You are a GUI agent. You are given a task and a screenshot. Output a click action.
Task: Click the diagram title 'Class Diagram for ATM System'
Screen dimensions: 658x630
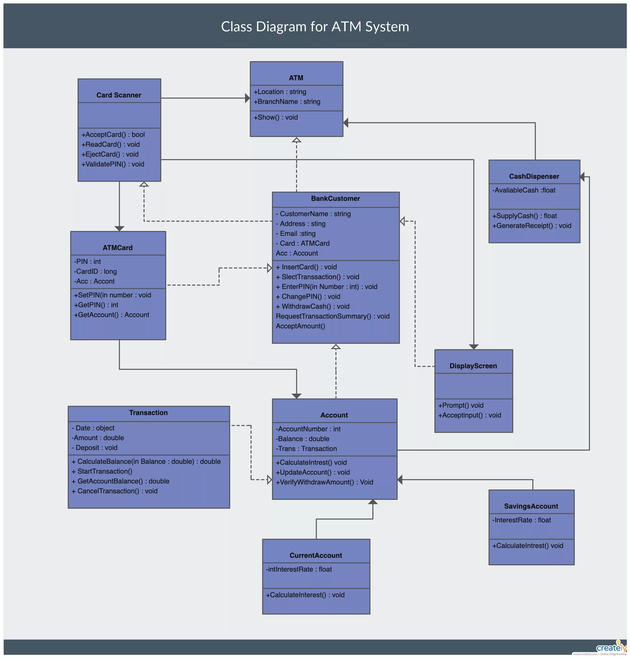pyautogui.click(x=315, y=27)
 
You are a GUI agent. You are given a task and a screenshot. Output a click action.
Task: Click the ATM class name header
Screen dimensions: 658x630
pyautogui.click(x=296, y=78)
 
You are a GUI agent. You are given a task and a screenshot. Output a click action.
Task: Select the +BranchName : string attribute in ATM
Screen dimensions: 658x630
pyautogui.click(x=287, y=102)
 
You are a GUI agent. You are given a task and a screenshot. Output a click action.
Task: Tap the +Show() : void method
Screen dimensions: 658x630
pyautogui.click(x=276, y=117)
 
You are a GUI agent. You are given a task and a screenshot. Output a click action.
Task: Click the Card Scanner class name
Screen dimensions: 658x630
pyautogui.click(x=119, y=95)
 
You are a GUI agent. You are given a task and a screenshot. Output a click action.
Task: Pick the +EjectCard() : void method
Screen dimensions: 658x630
pyautogui.click(x=110, y=154)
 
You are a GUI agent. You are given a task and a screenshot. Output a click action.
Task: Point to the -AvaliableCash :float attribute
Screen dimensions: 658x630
pyautogui.click(x=524, y=190)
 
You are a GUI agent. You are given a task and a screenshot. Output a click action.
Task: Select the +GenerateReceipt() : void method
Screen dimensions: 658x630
pyautogui.click(x=532, y=226)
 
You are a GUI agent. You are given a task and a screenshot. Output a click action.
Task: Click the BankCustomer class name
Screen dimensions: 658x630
pyautogui.click(x=335, y=199)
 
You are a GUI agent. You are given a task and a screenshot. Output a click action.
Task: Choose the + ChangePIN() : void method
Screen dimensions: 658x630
pyautogui.click(x=308, y=297)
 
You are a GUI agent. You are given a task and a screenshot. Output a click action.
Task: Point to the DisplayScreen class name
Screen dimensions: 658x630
pyautogui.click(x=473, y=366)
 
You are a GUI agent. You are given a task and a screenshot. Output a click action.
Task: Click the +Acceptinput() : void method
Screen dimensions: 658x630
pyautogui.click(x=470, y=416)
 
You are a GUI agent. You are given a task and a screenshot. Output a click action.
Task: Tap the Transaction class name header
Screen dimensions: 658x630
pyautogui.click(x=148, y=413)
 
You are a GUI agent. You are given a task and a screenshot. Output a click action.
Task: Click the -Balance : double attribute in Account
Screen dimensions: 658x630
pyautogui.click(x=302, y=439)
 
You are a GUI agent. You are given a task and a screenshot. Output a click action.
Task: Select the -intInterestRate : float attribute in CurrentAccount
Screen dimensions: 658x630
pyautogui.click(x=299, y=569)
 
